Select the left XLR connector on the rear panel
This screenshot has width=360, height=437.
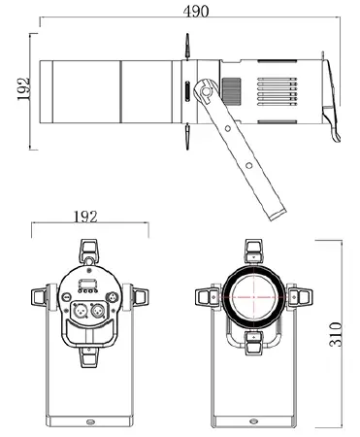78,312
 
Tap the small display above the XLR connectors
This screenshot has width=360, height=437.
87,286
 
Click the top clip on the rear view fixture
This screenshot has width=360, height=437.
88,251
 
